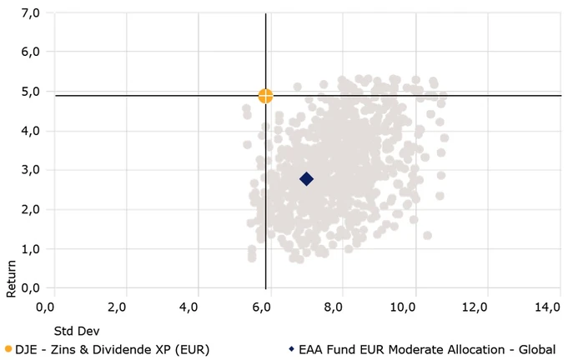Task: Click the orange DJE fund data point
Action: tap(265, 96)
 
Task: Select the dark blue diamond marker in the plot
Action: tap(306, 178)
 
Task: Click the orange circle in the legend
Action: tap(8, 349)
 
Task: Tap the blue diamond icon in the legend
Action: tap(291, 349)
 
